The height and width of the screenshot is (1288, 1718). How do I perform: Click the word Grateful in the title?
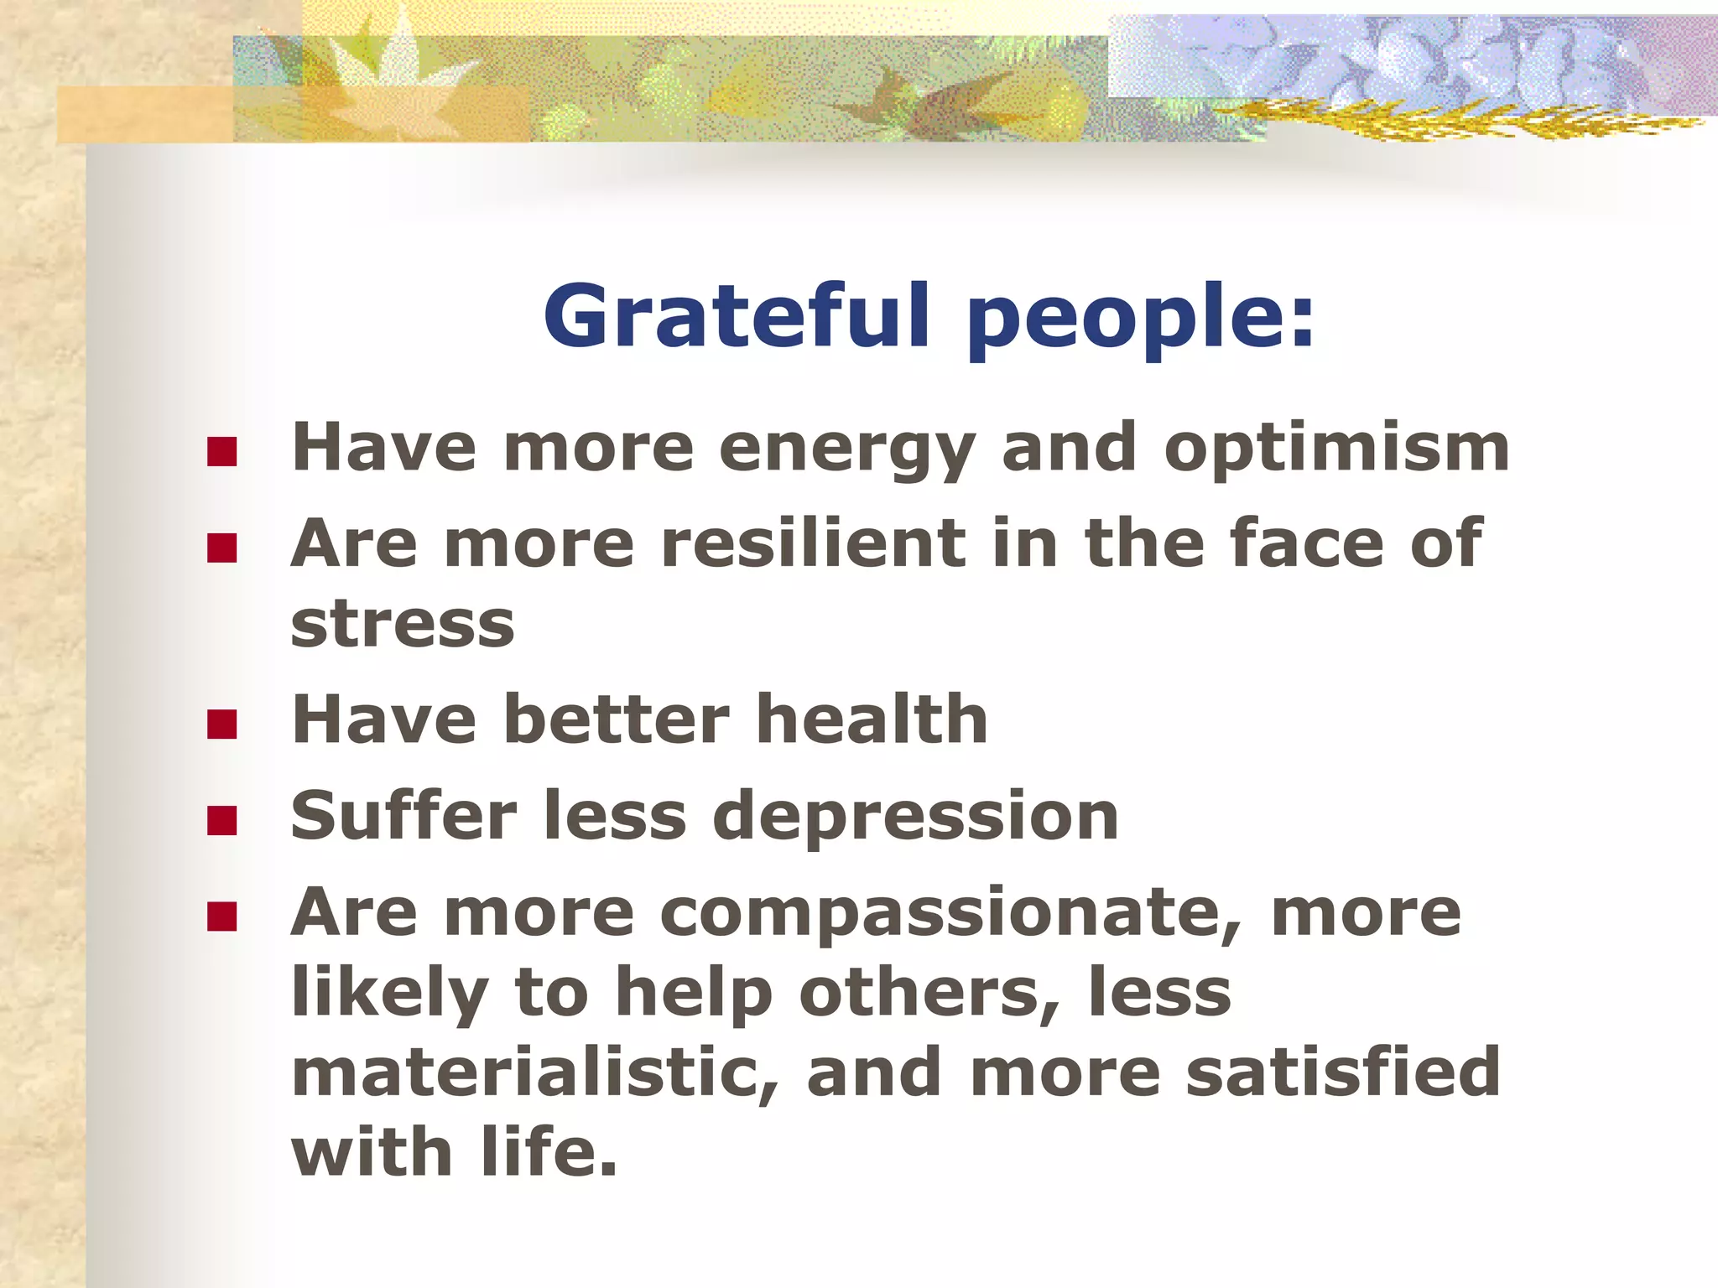737,316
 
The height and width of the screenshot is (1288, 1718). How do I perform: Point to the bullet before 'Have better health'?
221,724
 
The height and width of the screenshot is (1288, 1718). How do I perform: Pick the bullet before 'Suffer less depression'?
221,821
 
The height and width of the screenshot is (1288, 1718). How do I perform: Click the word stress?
402,625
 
